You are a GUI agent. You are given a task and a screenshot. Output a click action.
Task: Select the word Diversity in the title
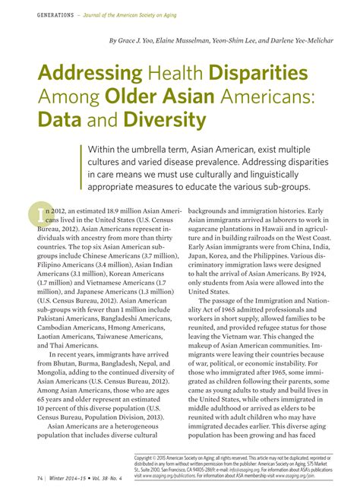(166, 120)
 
